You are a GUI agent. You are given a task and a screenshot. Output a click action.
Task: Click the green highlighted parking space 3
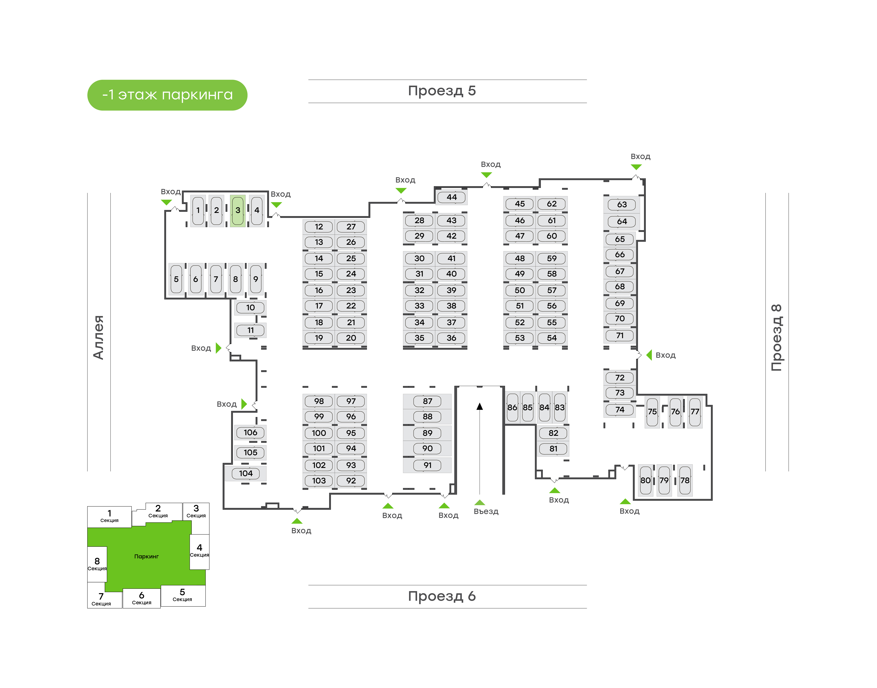(x=238, y=210)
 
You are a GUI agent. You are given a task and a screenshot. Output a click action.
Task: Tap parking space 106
(x=250, y=433)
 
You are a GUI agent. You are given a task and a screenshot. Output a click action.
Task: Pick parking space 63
(x=622, y=205)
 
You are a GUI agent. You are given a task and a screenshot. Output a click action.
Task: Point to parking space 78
(x=685, y=480)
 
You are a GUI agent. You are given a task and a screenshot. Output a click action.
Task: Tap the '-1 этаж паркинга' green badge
(x=167, y=95)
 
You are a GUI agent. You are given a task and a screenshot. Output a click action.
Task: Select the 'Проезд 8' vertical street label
(x=776, y=338)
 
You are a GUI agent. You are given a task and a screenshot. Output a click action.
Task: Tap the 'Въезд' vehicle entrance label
(x=486, y=512)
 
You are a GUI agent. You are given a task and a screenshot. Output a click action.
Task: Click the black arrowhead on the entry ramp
(x=479, y=407)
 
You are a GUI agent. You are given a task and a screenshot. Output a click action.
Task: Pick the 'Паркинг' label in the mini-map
(x=146, y=557)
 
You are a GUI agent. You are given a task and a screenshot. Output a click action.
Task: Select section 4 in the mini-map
(x=199, y=550)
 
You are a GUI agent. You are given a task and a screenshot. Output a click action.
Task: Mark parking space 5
(x=176, y=279)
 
